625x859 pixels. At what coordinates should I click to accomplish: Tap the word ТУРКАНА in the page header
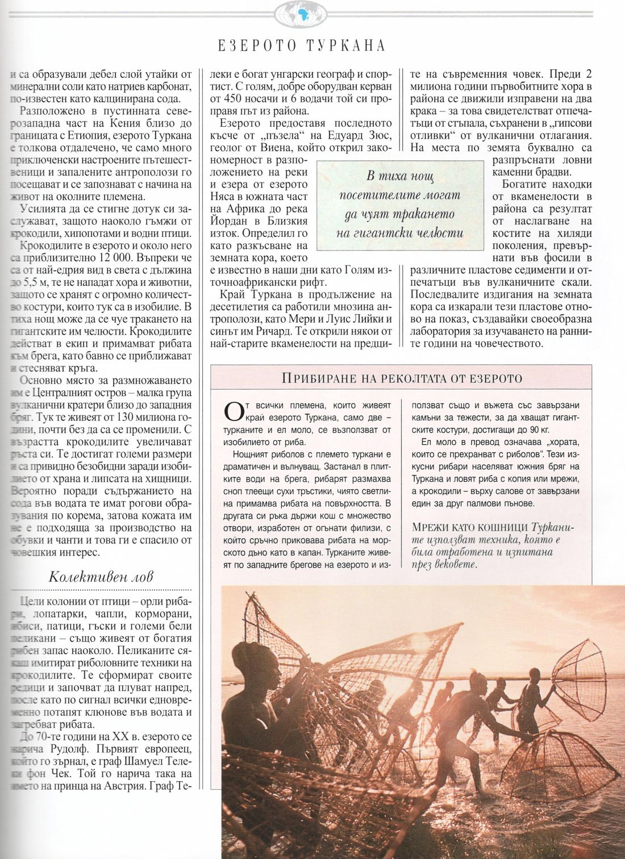pyautogui.click(x=346, y=45)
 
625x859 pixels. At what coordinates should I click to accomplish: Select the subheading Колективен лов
pyautogui.click(x=101, y=577)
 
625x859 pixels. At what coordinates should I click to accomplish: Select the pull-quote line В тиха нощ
pyautogui.click(x=399, y=176)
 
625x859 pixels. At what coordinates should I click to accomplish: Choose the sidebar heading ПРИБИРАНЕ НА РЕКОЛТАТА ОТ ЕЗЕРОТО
pyautogui.click(x=402, y=378)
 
